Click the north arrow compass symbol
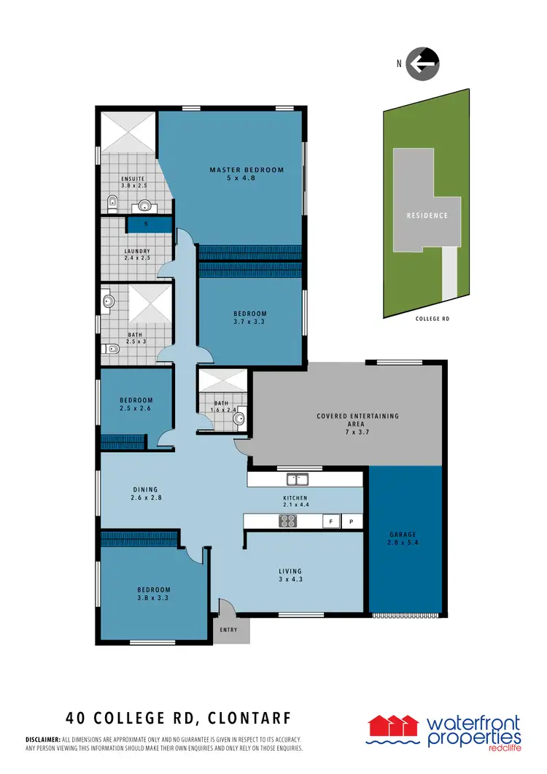pos(423,63)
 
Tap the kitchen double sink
pos(297,479)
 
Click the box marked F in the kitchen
pos(331,522)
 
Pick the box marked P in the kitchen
pos(352,522)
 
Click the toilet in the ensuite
pos(111,204)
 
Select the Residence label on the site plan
pos(427,216)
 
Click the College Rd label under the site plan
pos(432,319)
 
